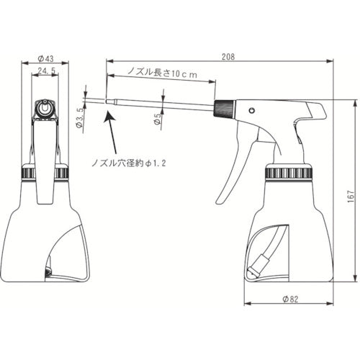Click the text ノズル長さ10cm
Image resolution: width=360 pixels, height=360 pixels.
[161, 71]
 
